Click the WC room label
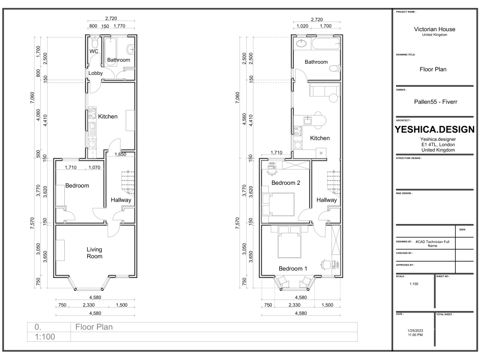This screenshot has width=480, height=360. pos(94,51)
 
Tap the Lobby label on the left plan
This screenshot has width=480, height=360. pos(96,73)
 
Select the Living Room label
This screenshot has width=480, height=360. pos(95,252)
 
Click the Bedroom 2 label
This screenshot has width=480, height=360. pos(286,183)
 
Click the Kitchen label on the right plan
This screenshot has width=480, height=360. pos(320,138)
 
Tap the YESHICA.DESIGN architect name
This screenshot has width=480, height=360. pos(434,130)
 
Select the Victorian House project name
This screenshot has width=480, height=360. pos(434,29)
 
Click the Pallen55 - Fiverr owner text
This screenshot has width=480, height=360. pos(434,102)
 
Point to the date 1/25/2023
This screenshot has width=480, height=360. pos(415,330)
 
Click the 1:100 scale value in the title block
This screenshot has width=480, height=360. pos(413,284)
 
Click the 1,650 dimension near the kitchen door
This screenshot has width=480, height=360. pos(120,155)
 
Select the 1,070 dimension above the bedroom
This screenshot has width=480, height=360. pos(95,168)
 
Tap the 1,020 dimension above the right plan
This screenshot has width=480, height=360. pos(302,26)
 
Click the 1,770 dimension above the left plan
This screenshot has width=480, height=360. pos(119,26)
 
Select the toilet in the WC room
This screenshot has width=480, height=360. pos(94,42)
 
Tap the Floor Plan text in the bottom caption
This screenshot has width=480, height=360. pos(94,327)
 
